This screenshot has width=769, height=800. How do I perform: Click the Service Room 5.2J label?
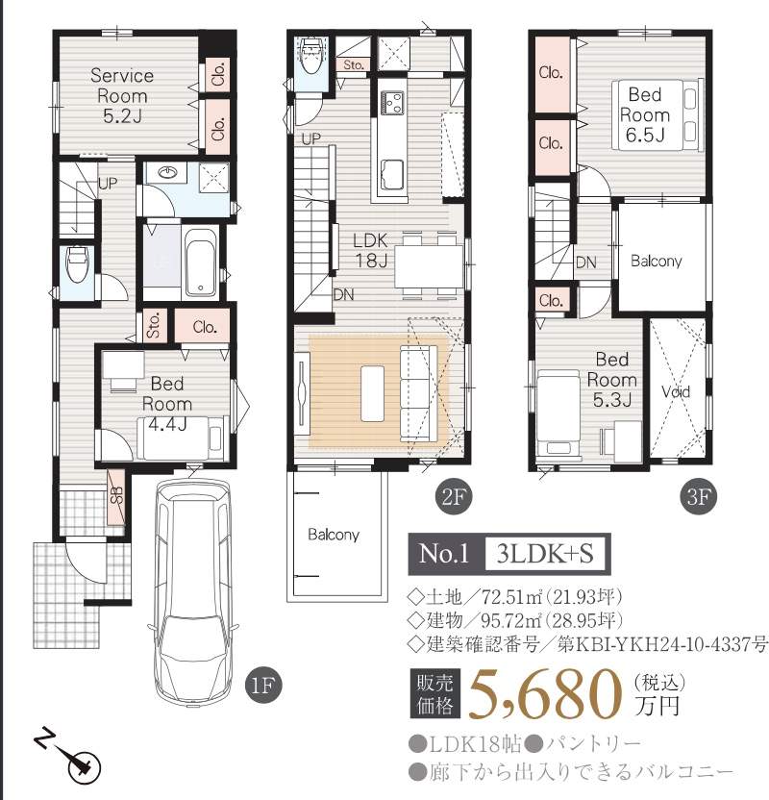click(x=122, y=95)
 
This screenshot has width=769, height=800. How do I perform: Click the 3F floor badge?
click(x=699, y=497)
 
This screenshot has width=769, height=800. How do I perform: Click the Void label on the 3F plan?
click(x=676, y=392)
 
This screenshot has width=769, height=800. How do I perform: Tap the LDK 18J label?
click(x=371, y=251)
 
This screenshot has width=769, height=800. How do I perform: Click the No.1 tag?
click(x=443, y=554)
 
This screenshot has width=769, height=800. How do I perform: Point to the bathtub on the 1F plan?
click(x=201, y=262)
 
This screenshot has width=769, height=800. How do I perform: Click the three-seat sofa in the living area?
click(x=419, y=393)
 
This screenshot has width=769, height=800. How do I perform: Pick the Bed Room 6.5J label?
click(x=645, y=114)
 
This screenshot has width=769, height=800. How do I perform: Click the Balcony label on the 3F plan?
click(x=656, y=261)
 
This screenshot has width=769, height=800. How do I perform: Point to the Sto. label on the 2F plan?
click(x=354, y=65)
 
